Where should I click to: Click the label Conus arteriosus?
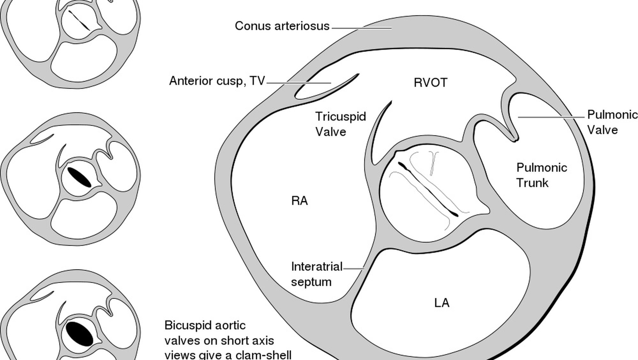tap(282, 26)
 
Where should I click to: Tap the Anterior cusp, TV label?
tap(217, 81)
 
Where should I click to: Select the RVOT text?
tap(430, 83)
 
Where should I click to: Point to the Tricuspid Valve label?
tap(340, 124)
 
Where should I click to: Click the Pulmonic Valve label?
tap(612, 122)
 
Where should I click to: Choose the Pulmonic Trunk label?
tap(541, 175)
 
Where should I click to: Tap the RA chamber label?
tap(300, 201)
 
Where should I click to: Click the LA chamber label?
tap(442, 303)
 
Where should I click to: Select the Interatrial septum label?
tap(316, 274)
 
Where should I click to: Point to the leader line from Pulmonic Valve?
tap(551, 117)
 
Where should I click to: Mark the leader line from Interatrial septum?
tap(353, 268)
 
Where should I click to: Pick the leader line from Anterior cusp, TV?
tap(298, 83)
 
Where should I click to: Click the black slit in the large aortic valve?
tap(428, 190)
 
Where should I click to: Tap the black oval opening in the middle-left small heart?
tap(79, 177)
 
